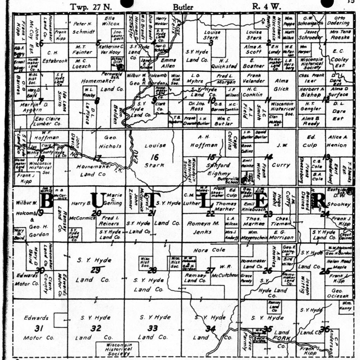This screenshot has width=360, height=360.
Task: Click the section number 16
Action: tap(154, 157)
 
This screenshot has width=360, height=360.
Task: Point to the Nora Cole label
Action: tap(210, 250)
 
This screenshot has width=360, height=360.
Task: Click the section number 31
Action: tap(39, 329)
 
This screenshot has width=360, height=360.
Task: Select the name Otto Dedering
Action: tap(339, 21)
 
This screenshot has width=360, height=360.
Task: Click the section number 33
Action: tap(152, 328)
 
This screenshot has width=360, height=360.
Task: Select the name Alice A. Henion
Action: tap(339, 141)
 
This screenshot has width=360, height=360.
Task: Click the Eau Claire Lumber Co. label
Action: tap(47, 121)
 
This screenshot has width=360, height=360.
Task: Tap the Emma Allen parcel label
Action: tap(168, 63)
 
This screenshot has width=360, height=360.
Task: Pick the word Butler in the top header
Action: tap(184, 7)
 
